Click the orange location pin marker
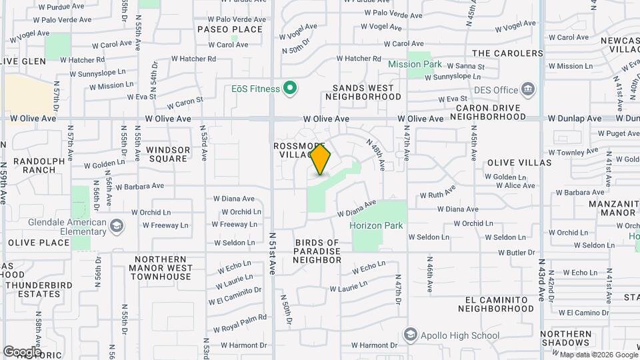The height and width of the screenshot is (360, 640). click(321, 159)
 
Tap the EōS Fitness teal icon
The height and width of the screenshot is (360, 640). click(289, 88)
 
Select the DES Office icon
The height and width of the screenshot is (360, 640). click(528, 89)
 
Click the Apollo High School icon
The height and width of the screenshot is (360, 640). click(411, 335)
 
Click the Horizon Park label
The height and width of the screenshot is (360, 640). click(377, 225)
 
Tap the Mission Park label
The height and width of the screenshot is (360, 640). click(415, 65)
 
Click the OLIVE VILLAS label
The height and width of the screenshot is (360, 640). click(519, 163)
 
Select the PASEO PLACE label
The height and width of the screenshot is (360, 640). click(230, 29)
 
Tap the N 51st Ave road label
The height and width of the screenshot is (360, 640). click(273, 253)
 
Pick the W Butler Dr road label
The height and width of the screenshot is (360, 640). click(521, 253)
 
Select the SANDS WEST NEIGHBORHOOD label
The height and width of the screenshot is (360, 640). click(363, 92)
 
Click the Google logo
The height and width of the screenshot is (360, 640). click(22, 351)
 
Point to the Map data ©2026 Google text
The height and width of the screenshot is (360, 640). click(598, 355)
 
